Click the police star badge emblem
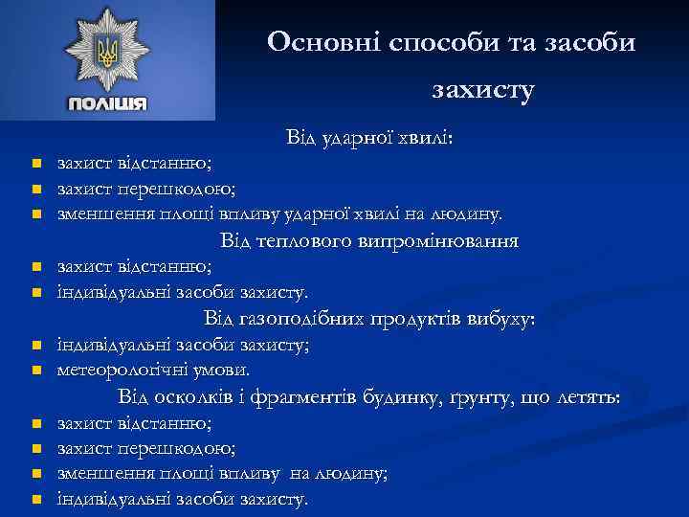point(107,52)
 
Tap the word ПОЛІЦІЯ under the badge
point(107,103)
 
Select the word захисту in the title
point(483,91)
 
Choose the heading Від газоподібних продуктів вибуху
point(369,318)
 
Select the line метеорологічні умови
point(153,369)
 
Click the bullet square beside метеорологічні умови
point(35,370)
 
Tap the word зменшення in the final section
point(97,473)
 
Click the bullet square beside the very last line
point(35,500)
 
